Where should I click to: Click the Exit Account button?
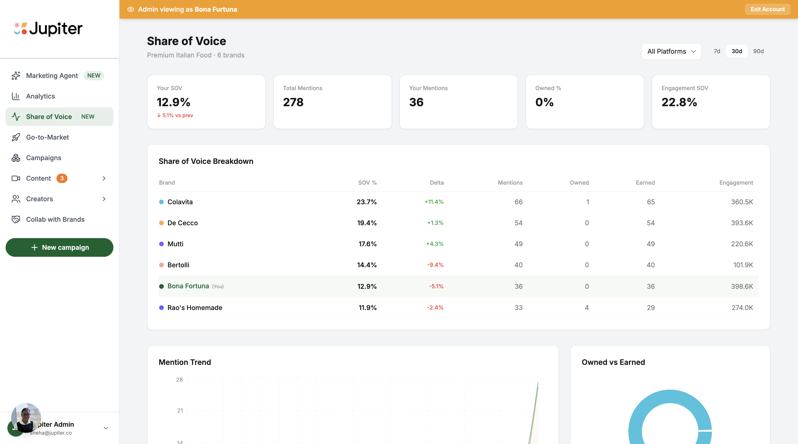(767, 9)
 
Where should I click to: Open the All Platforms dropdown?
(671, 51)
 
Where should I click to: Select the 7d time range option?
(717, 51)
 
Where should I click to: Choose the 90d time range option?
(758, 51)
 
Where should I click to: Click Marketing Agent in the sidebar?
(52, 76)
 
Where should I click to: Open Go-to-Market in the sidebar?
(47, 137)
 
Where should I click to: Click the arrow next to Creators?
(104, 199)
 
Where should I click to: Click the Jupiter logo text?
(56, 29)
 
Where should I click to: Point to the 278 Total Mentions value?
(293, 102)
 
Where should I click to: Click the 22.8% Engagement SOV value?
(679, 102)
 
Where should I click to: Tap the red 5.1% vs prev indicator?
(175, 115)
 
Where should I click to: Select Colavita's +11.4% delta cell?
(434, 202)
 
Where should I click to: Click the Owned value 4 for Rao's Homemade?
(586, 308)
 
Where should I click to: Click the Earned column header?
(645, 183)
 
